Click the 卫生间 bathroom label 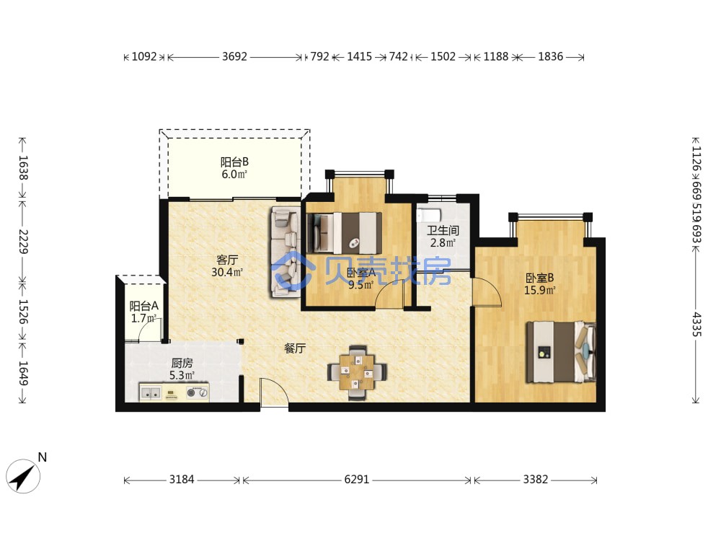pos(443,230)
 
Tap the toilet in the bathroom pos(428,215)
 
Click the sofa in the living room pos(286,252)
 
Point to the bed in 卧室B pos(561,353)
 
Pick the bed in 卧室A pos(344,233)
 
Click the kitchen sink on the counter pos(151,393)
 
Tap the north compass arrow pos(23,477)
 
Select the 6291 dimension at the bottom pos(357,480)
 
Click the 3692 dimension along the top pos(234,56)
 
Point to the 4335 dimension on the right pos(696,325)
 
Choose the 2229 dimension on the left pos(24,242)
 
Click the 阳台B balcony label pos(234,162)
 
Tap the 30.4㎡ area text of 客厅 pos(227,273)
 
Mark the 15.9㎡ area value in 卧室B pos(540,290)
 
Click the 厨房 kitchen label pos(182,364)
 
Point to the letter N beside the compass pos(43,457)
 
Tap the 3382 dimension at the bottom pos(535,480)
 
